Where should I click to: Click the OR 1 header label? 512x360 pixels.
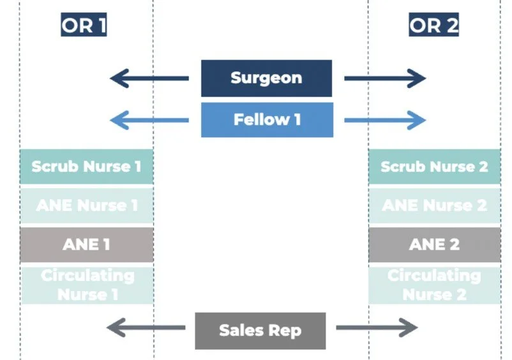point(84,25)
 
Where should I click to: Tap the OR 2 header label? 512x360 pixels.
point(434,25)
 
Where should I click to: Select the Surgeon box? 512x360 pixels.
point(266,79)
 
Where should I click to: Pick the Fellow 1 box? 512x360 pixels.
point(266,119)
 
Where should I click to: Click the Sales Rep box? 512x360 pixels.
point(260,330)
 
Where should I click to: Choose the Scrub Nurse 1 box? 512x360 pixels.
point(86,167)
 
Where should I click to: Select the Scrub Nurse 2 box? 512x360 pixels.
point(434,167)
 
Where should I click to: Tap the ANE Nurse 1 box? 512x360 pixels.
point(86,206)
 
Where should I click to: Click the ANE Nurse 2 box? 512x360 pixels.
point(434,206)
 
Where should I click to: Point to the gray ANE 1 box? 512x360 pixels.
point(86,244)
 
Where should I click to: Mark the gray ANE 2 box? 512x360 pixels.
point(434,244)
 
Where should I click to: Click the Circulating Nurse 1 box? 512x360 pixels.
point(86,285)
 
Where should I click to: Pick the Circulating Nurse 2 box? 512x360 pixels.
point(434,285)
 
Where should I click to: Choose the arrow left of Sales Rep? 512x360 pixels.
point(146,329)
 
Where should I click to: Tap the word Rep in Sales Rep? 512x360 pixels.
point(285,331)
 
